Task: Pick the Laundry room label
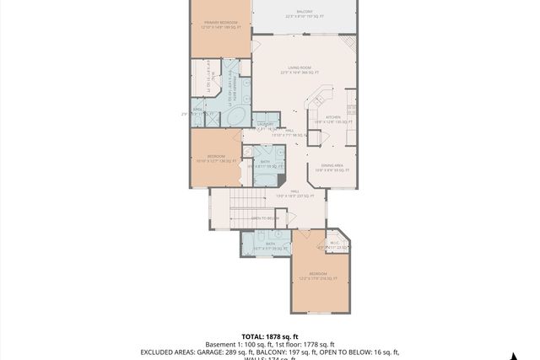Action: pyautogui.click(x=266, y=126)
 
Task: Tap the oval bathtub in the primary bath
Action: pyautogui.click(x=237, y=116)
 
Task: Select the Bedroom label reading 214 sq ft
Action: pyautogui.click(x=317, y=275)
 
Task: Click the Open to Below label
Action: pyautogui.click(x=267, y=218)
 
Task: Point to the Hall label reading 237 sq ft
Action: pyautogui.click(x=295, y=193)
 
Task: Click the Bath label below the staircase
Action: pyautogui.click(x=271, y=245)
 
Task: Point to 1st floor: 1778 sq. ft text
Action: pyautogui.click(x=303, y=344)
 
